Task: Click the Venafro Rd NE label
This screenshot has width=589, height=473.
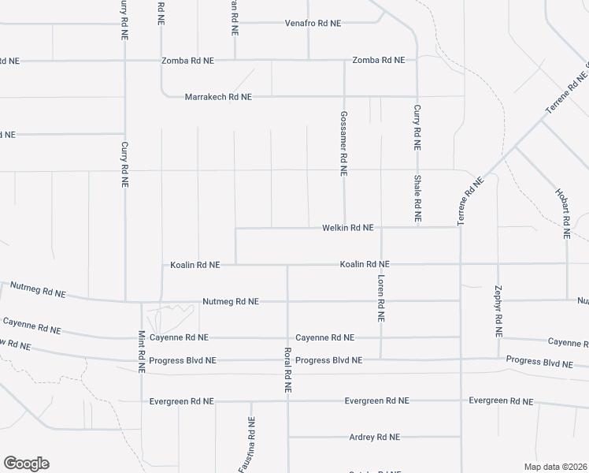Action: [313, 24]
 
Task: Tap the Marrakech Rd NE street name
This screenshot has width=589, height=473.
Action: [218, 97]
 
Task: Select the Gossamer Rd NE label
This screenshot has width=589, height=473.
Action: [344, 143]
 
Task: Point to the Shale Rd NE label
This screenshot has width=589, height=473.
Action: [417, 197]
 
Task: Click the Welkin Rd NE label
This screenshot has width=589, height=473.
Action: [347, 228]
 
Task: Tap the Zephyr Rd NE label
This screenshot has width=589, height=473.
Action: [498, 311]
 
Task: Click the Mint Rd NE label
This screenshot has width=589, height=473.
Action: [142, 352]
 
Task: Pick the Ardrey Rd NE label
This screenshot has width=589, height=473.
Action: [375, 437]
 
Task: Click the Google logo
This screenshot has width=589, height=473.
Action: [26, 464]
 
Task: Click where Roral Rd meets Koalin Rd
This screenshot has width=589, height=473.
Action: [287, 265]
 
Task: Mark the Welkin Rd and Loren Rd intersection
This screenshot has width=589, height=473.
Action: [381, 228]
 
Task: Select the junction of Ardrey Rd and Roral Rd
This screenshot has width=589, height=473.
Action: [288, 437]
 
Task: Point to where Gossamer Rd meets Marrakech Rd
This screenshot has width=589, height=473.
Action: [344, 97]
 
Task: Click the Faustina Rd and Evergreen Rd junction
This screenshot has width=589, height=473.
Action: [251, 401]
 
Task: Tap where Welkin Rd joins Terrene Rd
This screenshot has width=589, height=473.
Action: [458, 227]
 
